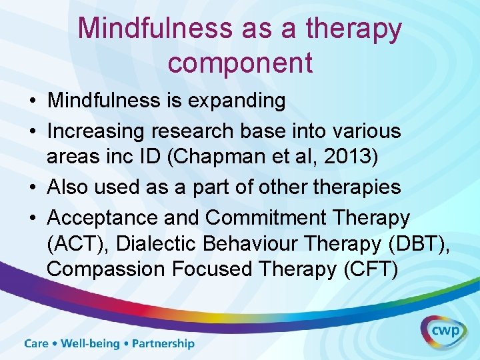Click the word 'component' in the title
(240, 62)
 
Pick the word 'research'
(198, 131)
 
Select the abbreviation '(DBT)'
(419, 244)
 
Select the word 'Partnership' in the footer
(163, 344)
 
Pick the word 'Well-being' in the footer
(90, 344)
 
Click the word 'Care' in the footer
(37, 344)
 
